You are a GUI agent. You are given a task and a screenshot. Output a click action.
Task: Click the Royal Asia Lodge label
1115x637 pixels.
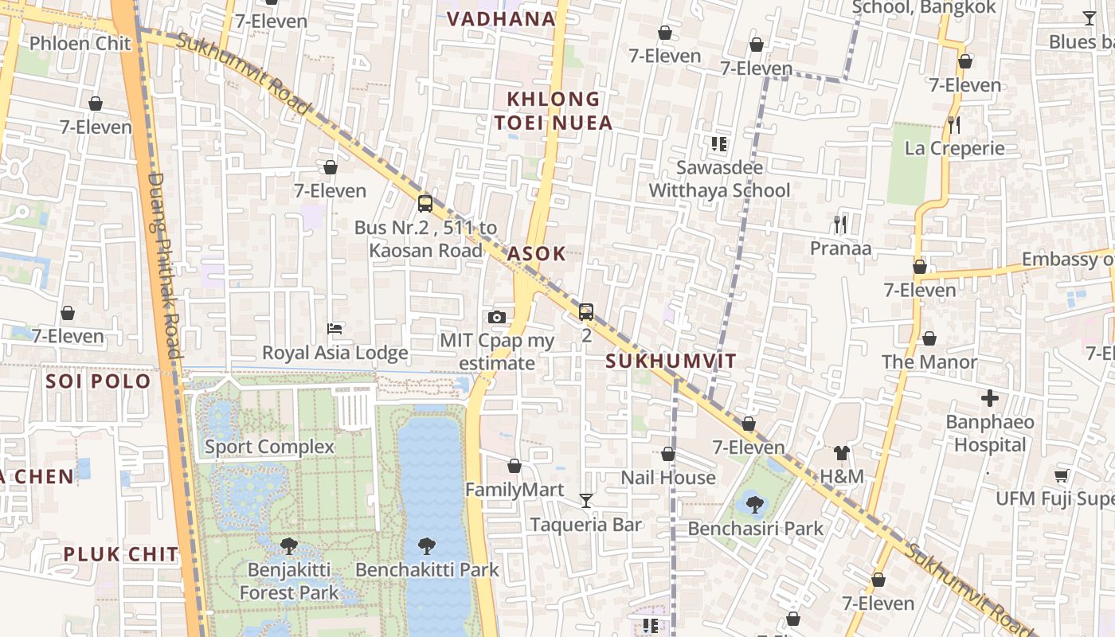[x=335, y=353]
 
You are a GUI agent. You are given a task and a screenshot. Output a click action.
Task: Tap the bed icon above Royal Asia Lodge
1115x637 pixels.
[x=335, y=328]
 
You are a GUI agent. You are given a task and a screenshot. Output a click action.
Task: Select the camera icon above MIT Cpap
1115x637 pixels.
[x=497, y=317]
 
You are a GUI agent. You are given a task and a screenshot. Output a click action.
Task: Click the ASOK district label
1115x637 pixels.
[x=537, y=254]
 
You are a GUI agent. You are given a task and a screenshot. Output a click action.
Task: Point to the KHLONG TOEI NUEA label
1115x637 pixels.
[x=554, y=111]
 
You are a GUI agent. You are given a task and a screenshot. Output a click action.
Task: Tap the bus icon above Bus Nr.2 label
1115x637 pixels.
[x=425, y=203]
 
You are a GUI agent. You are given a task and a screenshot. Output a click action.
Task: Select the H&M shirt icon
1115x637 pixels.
[x=842, y=453]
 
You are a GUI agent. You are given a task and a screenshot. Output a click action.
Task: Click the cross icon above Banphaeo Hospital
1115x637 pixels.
[x=990, y=397]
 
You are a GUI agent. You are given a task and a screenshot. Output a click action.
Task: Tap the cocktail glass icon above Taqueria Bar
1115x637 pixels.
[x=586, y=500]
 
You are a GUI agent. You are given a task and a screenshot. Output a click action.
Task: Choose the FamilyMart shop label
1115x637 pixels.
[x=514, y=490]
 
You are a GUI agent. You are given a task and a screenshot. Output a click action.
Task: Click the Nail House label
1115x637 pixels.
[x=668, y=478]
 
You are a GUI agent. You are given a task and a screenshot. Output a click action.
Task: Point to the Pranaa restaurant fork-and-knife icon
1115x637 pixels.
[x=840, y=225]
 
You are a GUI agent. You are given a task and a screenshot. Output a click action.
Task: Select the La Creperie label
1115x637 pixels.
[x=955, y=148]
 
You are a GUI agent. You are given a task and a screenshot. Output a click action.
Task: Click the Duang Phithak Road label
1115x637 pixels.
[x=165, y=267]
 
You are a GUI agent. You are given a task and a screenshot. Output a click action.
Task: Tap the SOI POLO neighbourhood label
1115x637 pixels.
[x=98, y=381]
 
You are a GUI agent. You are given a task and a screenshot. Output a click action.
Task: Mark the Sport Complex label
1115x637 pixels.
[x=270, y=447]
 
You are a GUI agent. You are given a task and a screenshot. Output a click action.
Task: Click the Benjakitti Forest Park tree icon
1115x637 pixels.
[x=289, y=546]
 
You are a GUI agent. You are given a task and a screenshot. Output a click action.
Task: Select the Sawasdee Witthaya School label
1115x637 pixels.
[x=720, y=179]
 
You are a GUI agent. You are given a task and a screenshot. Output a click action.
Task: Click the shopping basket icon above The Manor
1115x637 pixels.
[x=929, y=339]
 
